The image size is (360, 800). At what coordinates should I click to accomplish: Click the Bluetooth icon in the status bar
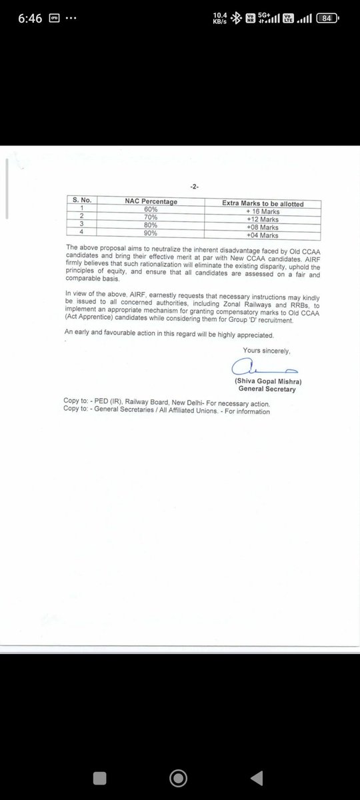click(234, 19)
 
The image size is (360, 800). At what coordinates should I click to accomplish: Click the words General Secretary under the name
click(268, 389)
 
